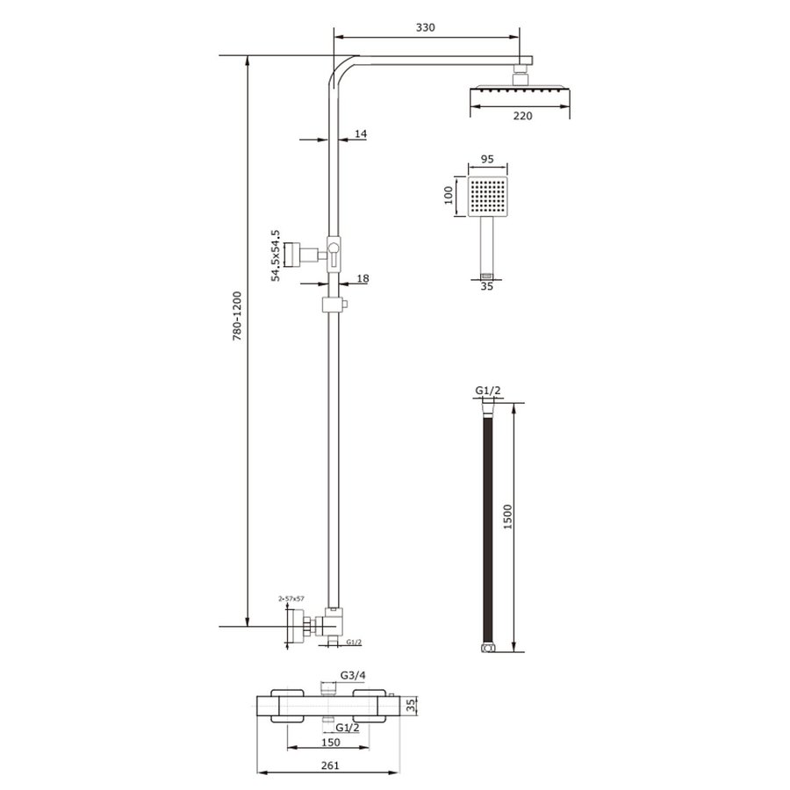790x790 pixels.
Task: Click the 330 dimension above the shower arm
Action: (x=425, y=27)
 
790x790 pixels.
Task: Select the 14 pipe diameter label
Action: (x=361, y=134)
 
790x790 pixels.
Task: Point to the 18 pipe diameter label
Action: (x=363, y=278)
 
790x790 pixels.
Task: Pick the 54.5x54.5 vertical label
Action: (x=275, y=255)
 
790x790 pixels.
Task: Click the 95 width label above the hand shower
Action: (x=489, y=160)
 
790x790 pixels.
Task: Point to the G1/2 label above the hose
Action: (x=487, y=390)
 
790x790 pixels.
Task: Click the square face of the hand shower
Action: (x=488, y=197)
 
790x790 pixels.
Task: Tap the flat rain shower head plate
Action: (x=521, y=90)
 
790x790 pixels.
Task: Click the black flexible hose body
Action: (x=487, y=527)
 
